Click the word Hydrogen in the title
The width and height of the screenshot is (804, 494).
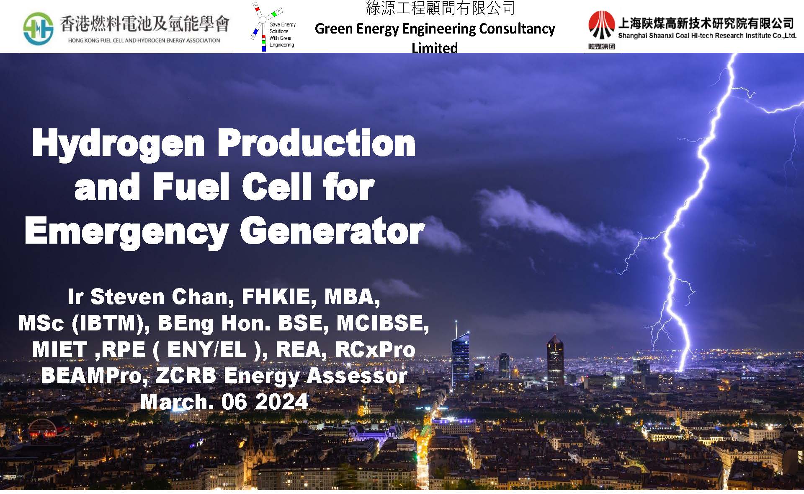[119, 145]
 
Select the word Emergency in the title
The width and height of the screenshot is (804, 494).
[127, 233]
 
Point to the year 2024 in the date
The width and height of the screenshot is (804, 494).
[281, 402]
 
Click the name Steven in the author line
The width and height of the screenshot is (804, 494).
[128, 296]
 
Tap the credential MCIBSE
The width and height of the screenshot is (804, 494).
[383, 323]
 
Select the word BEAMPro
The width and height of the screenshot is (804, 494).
[94, 375]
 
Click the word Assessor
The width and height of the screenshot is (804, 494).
[357, 375]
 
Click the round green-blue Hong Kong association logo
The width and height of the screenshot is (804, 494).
[38, 29]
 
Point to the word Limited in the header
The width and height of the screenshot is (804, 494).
[435, 48]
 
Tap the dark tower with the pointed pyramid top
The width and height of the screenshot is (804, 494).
[555, 361]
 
